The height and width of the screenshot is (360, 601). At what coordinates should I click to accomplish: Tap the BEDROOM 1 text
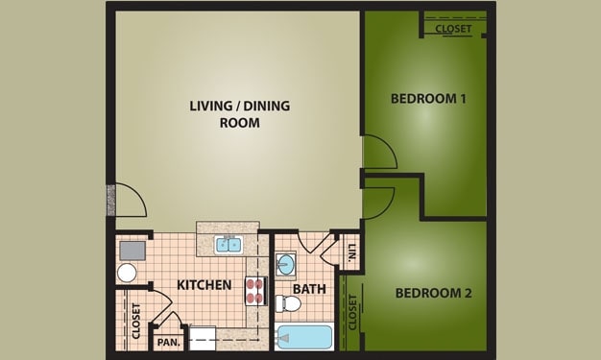pyautogui.click(x=428, y=99)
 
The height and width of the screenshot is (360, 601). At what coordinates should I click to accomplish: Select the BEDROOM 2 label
pyautogui.click(x=434, y=293)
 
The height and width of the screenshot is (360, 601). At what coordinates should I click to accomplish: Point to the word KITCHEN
pyautogui.click(x=204, y=285)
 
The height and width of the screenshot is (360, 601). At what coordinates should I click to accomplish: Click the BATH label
pyautogui.click(x=309, y=288)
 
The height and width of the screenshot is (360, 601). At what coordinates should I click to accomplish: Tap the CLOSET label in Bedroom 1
pyautogui.click(x=453, y=28)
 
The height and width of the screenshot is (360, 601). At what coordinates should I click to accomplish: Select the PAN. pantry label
pyautogui.click(x=169, y=342)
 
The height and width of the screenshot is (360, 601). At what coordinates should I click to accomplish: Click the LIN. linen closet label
pyautogui.click(x=351, y=253)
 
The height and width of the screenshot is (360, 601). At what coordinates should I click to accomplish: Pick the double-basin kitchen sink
pyautogui.click(x=228, y=245)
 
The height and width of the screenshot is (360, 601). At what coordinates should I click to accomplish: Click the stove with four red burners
pyautogui.click(x=255, y=290)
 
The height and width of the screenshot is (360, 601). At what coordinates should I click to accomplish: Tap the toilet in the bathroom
pyautogui.click(x=288, y=304)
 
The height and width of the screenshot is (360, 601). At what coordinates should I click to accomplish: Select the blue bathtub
pyautogui.click(x=304, y=338)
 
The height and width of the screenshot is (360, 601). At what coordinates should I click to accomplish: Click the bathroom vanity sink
pyautogui.click(x=286, y=264)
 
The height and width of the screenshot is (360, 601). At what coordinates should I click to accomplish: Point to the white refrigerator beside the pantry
pyautogui.click(x=204, y=337)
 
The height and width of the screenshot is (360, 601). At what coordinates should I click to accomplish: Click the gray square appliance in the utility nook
pyautogui.click(x=131, y=251)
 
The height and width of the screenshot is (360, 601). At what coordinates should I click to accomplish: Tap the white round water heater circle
pyautogui.click(x=127, y=273)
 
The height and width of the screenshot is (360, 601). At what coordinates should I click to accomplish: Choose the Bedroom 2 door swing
pyautogui.click(x=378, y=202)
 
